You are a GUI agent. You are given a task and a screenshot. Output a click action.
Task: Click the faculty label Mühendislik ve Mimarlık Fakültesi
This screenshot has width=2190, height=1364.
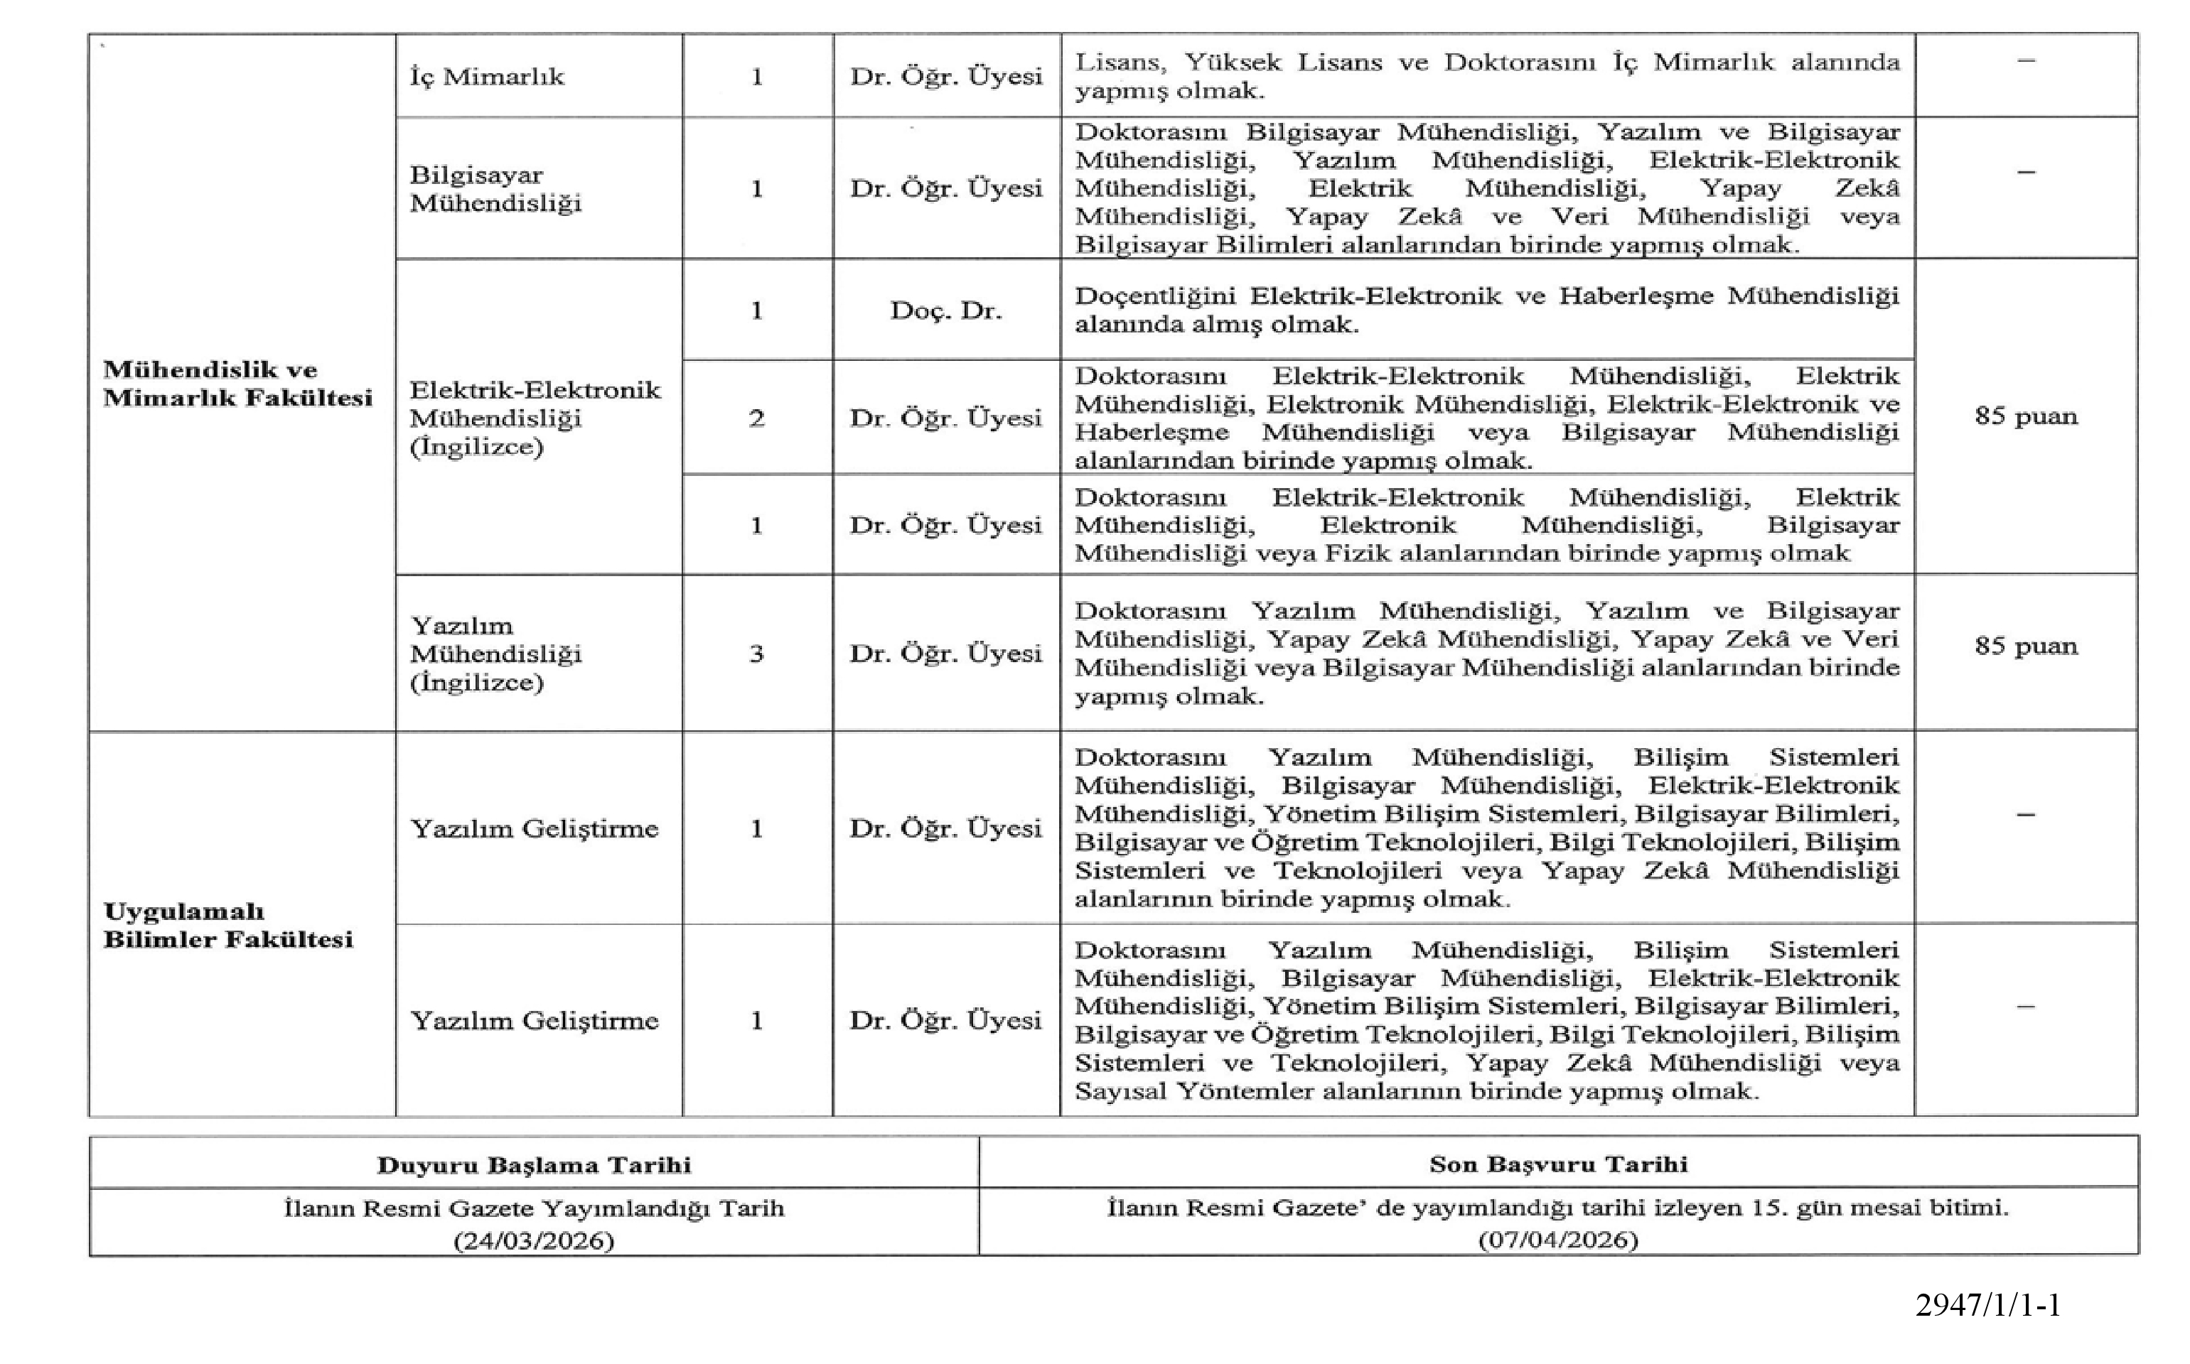coord(237,384)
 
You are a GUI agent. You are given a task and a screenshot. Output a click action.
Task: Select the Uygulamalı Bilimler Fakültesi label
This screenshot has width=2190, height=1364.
coord(228,925)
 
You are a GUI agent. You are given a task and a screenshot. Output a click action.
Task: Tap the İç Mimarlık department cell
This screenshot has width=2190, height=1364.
coord(488,77)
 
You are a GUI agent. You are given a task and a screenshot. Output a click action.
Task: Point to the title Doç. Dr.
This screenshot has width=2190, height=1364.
coord(945,310)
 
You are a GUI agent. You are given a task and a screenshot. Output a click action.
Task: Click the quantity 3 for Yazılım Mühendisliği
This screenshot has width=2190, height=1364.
coord(757,653)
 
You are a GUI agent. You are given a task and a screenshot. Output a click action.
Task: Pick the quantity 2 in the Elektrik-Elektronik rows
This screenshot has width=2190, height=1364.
coord(757,418)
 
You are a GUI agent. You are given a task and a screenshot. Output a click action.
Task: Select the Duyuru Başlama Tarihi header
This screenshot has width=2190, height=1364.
coord(535,1164)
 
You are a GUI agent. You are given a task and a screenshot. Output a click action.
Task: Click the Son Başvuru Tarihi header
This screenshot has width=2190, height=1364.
coord(1558,1164)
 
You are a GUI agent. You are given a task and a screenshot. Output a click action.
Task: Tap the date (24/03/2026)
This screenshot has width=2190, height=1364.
coord(535,1241)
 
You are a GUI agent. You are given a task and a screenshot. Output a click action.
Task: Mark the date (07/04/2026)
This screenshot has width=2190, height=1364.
coord(1558,1240)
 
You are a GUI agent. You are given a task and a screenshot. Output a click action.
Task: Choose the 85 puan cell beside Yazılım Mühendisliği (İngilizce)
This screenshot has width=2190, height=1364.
coord(2026,646)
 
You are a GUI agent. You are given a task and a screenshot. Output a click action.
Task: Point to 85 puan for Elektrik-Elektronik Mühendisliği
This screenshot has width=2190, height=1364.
coord(2026,416)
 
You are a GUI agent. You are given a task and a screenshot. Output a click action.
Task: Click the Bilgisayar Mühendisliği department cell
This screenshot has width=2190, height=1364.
coord(496,188)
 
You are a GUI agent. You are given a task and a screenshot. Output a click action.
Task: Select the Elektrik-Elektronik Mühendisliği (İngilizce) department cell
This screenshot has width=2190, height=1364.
coord(535,418)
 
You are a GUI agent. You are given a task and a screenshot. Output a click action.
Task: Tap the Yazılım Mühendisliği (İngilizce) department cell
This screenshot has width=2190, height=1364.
coord(496,653)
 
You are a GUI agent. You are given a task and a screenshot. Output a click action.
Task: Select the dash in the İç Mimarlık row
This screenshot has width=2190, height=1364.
coord(2026,60)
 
